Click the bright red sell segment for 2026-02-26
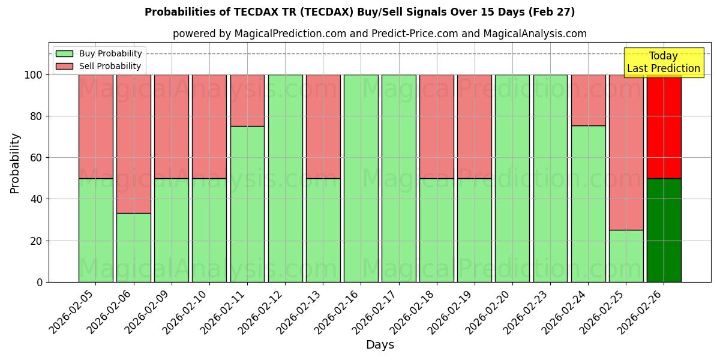pos(664,126)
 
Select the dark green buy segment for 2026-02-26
pos(664,230)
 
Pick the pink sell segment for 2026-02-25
pos(626,152)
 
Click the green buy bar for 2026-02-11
pos(247,204)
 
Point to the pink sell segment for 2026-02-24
pos(588,100)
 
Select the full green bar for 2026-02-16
pos(361,178)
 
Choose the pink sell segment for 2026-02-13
pos(323,126)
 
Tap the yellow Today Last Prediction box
pos(663,62)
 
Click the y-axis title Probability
pos(15,163)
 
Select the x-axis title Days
pos(380,345)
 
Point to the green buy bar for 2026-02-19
pos(474,230)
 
